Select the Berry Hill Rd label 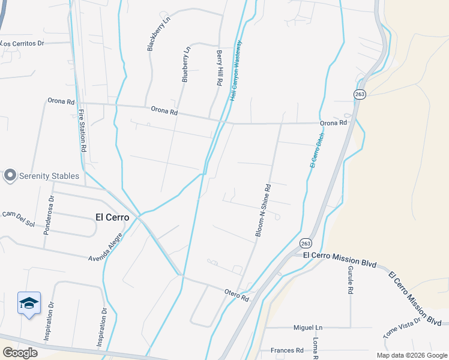point(220,67)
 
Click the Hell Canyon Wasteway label point(235,70)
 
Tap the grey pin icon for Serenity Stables point(10,175)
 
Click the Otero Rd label point(237,295)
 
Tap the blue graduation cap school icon point(29,303)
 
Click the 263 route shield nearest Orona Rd point(359,95)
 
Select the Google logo point(20,352)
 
